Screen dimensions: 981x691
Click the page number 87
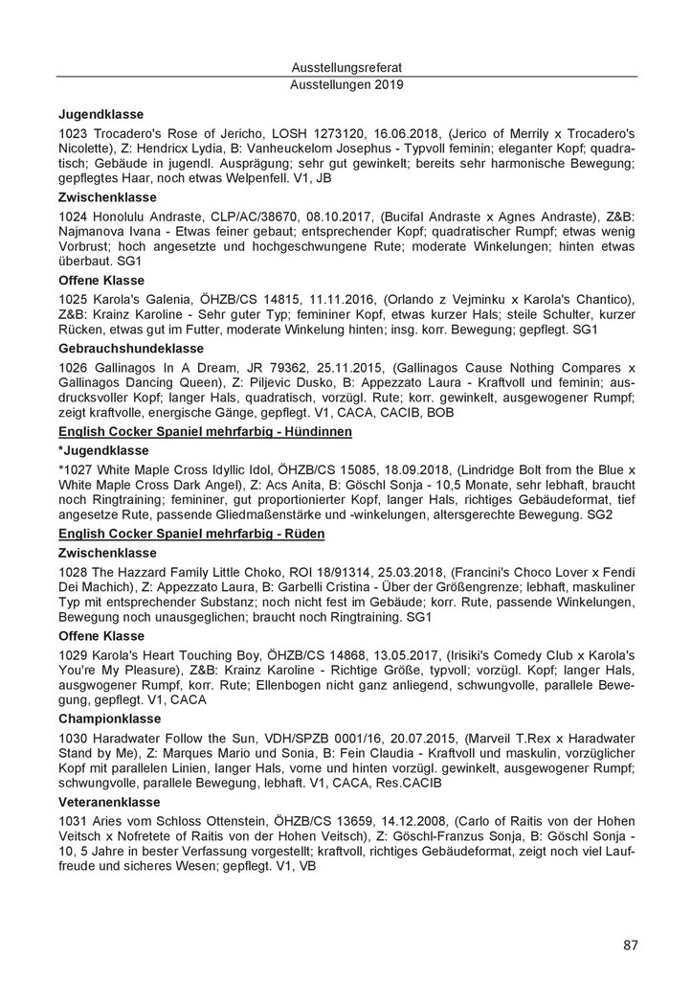coord(630,946)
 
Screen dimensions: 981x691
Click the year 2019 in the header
coord(385,84)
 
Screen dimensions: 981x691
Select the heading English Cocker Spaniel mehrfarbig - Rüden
coord(191,533)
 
